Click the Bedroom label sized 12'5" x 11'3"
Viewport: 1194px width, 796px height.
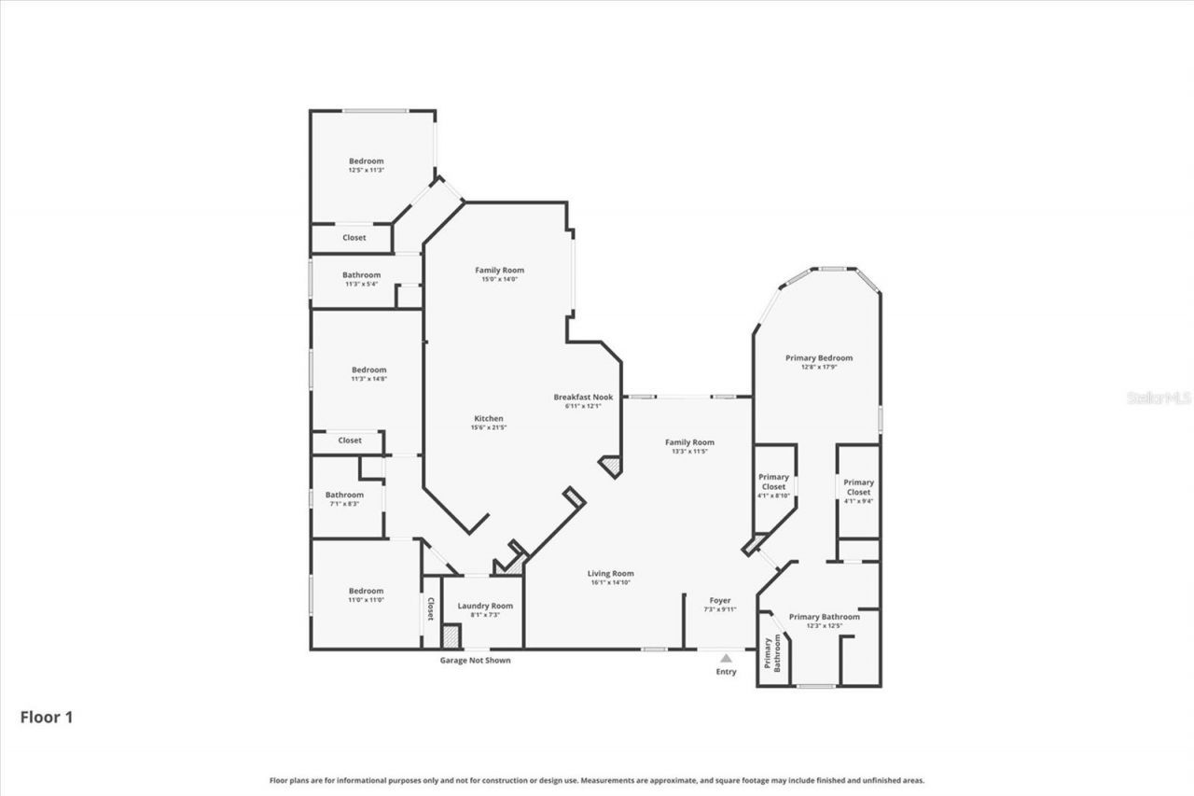coord(366,165)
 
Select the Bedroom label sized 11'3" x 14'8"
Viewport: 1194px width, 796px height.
coord(368,373)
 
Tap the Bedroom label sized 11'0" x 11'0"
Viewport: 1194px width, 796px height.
coord(366,594)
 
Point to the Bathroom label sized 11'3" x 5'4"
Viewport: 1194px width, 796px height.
coord(361,279)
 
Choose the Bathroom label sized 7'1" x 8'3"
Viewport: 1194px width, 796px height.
coord(344,498)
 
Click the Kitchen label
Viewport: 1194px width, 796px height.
coord(488,423)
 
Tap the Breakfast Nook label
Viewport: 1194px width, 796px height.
coord(583,400)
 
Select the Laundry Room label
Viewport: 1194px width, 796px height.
coord(485,609)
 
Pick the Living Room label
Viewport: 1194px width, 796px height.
coord(611,578)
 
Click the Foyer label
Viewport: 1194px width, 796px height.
coord(719,604)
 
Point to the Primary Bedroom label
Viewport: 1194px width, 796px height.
coord(819,362)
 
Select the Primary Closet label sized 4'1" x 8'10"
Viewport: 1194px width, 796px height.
coord(773,485)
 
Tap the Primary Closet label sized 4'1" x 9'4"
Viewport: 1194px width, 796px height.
coord(858,486)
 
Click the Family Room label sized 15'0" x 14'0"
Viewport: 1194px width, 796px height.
coord(499,274)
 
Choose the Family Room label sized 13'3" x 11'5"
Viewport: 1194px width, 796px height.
coord(689,446)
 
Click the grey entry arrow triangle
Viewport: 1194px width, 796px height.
coord(726,658)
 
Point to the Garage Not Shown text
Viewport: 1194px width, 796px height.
coord(475,661)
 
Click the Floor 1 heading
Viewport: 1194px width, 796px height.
coord(47,718)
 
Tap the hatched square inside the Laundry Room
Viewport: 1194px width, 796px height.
coord(451,636)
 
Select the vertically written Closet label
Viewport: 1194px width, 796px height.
coord(430,610)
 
